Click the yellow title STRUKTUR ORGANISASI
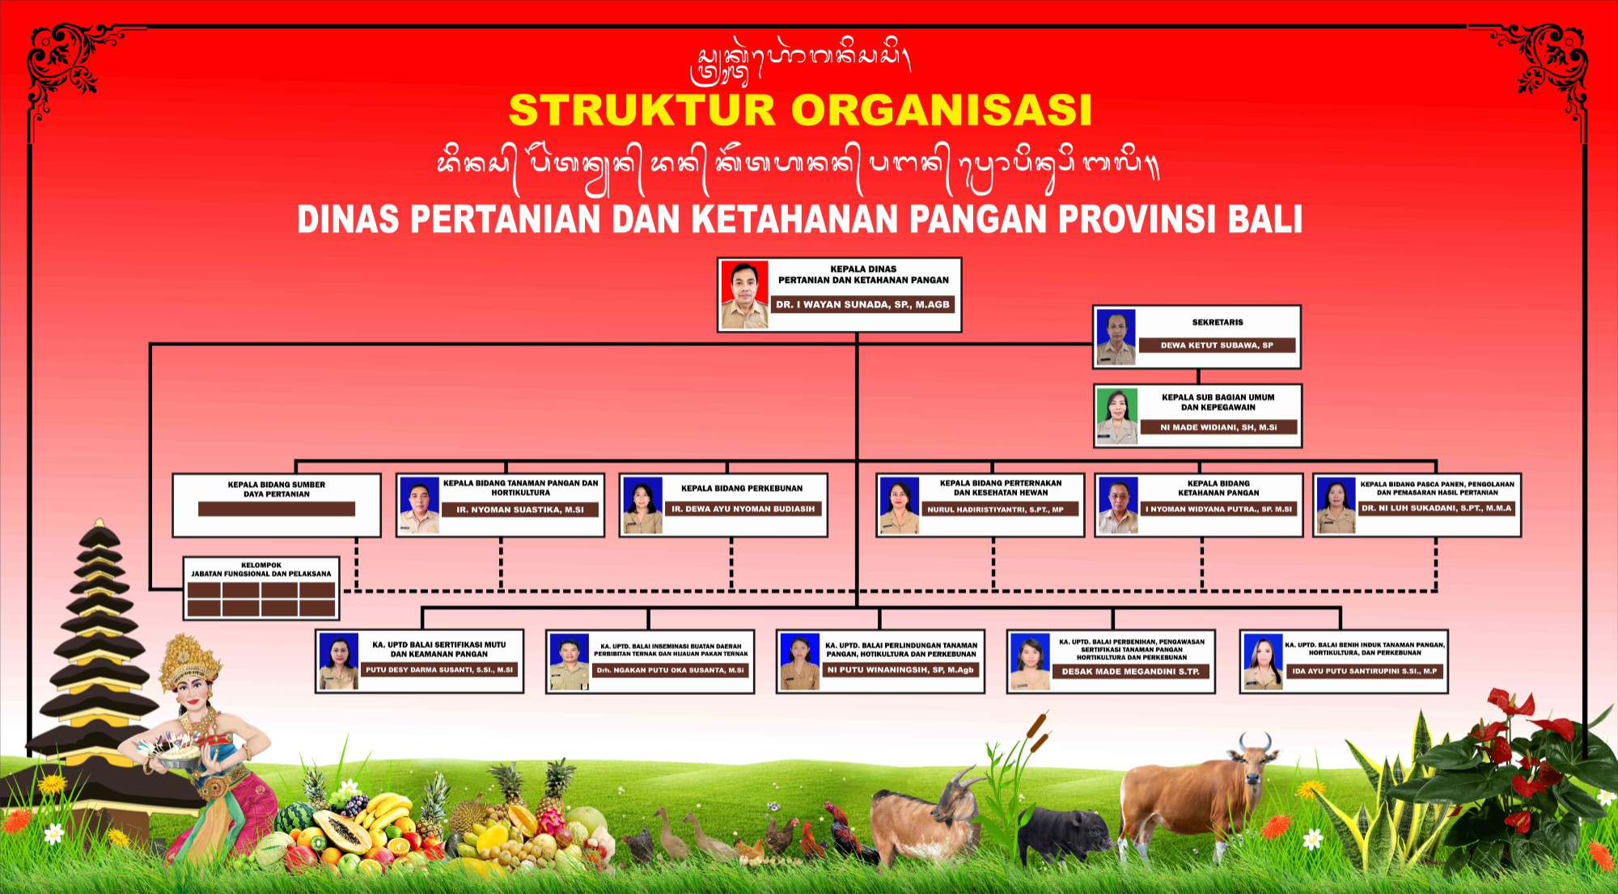tap(800, 111)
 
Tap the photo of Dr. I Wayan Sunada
tap(743, 294)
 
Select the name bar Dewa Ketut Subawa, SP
tap(1217, 345)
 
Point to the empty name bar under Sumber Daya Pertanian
tap(276, 509)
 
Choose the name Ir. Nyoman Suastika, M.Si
tap(520, 510)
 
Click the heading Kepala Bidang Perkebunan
tap(742, 489)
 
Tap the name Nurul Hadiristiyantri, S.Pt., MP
tap(1000, 510)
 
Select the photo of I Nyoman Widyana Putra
tap(1118, 505)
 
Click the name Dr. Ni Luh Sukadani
tap(1436, 508)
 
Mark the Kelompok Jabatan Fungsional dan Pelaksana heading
tap(260, 570)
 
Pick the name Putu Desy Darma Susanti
tap(439, 670)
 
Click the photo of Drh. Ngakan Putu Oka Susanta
tap(569, 662)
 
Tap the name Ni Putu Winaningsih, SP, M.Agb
tap(900, 670)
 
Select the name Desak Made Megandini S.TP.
tap(1130, 672)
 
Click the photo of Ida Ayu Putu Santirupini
tap(1263, 662)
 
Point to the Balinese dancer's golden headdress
tap(188, 659)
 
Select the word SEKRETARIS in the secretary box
tap(1217, 322)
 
